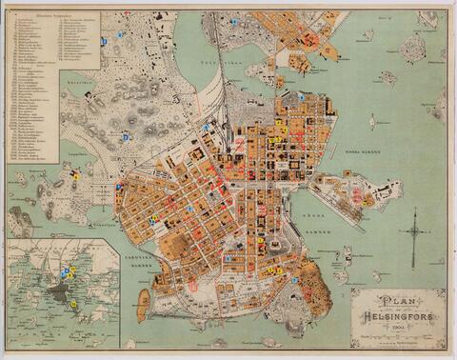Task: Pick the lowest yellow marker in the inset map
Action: [73, 303]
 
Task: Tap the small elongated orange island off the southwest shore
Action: [144, 306]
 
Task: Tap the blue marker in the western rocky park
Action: [125, 137]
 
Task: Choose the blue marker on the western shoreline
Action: [118, 188]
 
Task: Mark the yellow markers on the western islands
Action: [74, 175]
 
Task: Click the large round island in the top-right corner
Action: [412, 49]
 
